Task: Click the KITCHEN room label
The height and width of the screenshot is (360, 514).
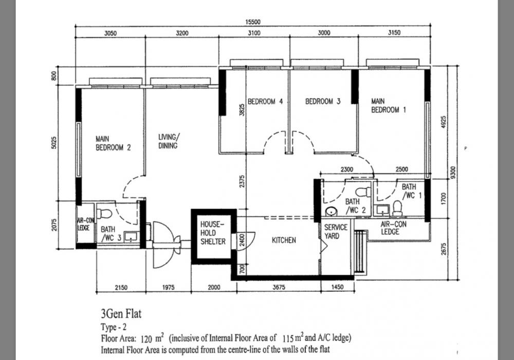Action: [x=284, y=240]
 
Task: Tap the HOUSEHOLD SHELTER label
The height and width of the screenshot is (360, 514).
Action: [x=213, y=233]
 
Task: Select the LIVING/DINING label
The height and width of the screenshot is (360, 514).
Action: [x=169, y=141]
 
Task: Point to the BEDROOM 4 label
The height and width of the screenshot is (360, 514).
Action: [x=265, y=101]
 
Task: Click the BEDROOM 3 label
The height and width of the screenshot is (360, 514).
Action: [x=323, y=101]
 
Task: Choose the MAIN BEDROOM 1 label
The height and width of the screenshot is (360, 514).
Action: [x=389, y=105]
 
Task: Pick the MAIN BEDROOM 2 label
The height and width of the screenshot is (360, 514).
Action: [x=113, y=143]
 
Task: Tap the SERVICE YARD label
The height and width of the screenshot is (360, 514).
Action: [x=336, y=232]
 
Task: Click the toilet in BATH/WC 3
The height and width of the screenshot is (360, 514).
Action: [x=105, y=214]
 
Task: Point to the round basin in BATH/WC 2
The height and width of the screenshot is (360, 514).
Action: [x=331, y=212]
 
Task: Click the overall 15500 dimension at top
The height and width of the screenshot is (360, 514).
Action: [x=253, y=22]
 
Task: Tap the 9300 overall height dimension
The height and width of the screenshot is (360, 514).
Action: [x=453, y=173]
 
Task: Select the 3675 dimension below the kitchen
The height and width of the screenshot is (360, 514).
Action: [x=279, y=287]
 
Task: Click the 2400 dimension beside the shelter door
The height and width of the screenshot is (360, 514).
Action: [x=242, y=240]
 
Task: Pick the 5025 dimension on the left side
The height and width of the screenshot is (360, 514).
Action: [x=54, y=142]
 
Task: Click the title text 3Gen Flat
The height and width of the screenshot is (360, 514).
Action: [x=121, y=314]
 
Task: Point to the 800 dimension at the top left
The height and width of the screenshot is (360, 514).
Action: [x=54, y=76]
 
